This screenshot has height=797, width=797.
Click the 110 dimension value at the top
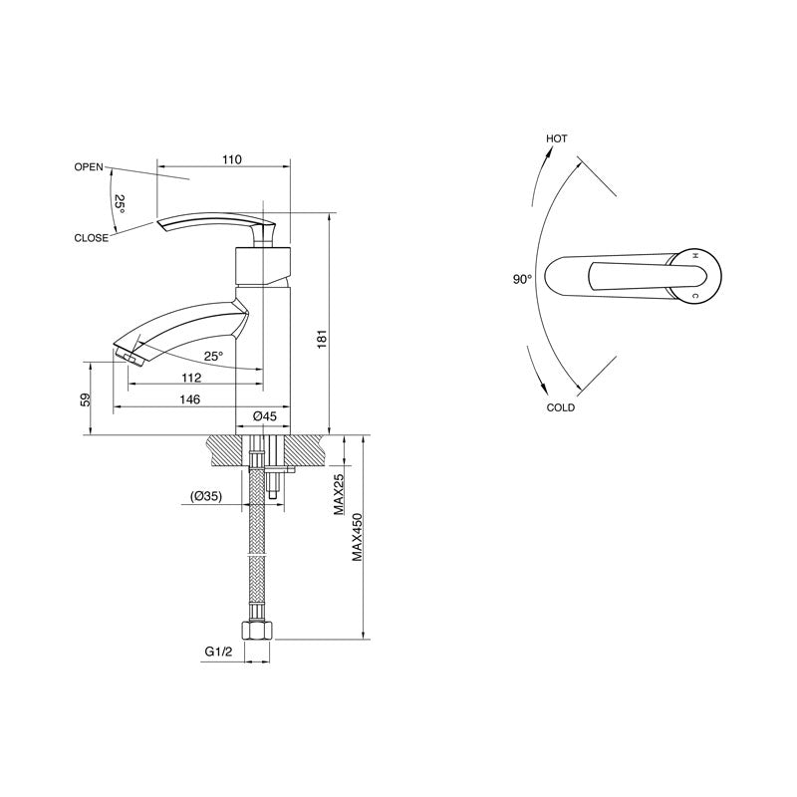(x=232, y=159)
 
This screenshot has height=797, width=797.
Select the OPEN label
(x=89, y=167)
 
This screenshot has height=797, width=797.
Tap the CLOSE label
(x=91, y=238)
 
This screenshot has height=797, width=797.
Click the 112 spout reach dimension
(x=192, y=378)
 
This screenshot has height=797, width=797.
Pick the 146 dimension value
(x=189, y=399)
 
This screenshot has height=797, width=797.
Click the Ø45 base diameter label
(x=264, y=414)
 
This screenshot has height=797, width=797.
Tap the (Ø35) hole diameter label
(x=206, y=495)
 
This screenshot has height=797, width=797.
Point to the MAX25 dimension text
(x=340, y=494)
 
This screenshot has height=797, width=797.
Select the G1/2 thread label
(x=219, y=652)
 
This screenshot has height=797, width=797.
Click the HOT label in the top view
(x=556, y=138)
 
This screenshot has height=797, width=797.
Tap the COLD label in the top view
(x=560, y=407)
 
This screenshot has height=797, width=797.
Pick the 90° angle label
(x=523, y=280)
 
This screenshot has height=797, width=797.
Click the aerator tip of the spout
(x=127, y=353)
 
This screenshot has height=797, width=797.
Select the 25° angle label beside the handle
(x=120, y=203)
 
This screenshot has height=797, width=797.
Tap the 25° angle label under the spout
(x=213, y=355)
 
